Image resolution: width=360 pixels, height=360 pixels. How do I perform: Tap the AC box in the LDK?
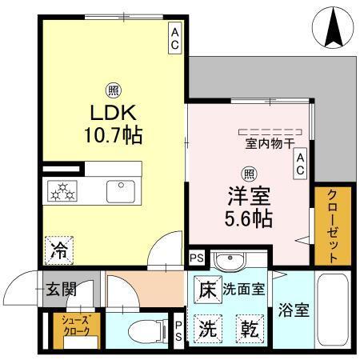point(174,38)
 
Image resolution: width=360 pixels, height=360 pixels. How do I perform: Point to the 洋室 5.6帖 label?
point(250,206)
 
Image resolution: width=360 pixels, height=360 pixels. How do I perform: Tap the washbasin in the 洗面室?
point(232,262)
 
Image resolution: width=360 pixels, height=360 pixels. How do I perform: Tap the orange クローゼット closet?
point(330,226)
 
